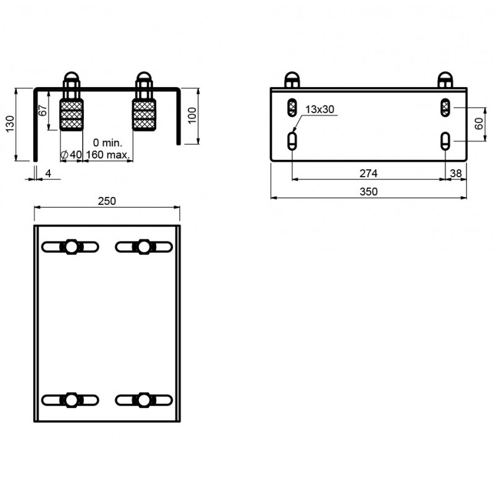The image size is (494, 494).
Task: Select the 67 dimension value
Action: coord(42,111)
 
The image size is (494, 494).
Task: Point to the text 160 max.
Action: coord(109,156)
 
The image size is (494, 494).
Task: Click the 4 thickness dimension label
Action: coord(48,174)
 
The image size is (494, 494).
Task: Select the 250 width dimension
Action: coord(107,201)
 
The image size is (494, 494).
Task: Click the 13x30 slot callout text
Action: coord(319,109)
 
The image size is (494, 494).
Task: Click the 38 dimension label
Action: coord(456,174)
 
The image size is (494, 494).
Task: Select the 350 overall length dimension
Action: coord(368,192)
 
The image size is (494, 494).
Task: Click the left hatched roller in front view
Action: coord(71,115)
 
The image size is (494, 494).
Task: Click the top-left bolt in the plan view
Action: coord(70,246)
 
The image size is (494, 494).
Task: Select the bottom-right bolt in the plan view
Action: coord(144,400)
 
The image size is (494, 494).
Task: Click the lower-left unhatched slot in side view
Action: coord(292,141)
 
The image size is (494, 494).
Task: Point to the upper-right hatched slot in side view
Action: coord(445,108)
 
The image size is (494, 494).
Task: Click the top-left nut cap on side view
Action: coord(292,80)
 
